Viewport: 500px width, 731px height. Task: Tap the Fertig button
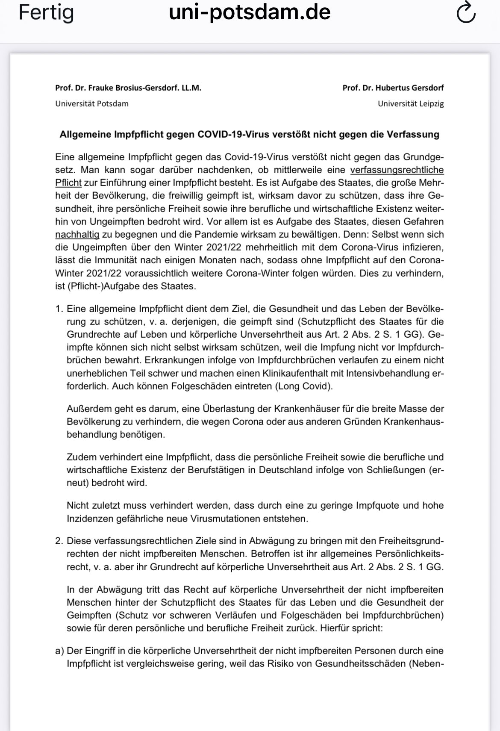pyautogui.click(x=46, y=13)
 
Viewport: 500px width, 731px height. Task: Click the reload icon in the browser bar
pyautogui.click(x=466, y=13)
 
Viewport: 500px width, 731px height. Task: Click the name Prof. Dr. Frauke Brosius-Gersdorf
pyautogui.click(x=128, y=88)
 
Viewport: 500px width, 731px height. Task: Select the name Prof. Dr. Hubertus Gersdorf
pyautogui.click(x=393, y=88)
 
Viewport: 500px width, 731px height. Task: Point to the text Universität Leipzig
pyautogui.click(x=410, y=103)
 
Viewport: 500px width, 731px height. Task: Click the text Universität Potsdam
pyautogui.click(x=92, y=103)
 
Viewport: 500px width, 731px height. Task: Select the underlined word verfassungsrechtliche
pyautogui.click(x=397, y=170)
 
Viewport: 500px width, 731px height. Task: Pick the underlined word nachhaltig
pyautogui.click(x=77, y=234)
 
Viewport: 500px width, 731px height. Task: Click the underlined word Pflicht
pyautogui.click(x=68, y=183)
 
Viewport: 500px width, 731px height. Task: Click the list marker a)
pyautogui.click(x=59, y=651)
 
